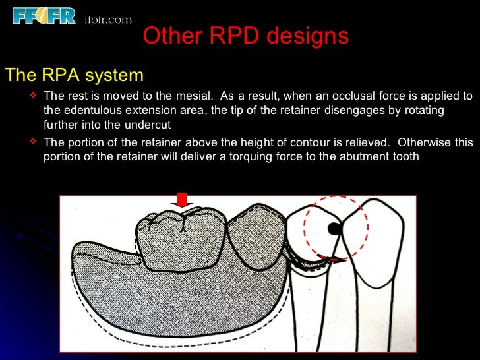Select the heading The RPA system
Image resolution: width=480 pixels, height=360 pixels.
(x=74, y=75)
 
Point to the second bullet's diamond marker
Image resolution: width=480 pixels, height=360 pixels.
(x=35, y=142)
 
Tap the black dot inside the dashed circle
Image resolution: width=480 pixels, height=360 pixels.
(x=334, y=229)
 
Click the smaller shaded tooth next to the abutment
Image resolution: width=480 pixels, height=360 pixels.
(x=255, y=241)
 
